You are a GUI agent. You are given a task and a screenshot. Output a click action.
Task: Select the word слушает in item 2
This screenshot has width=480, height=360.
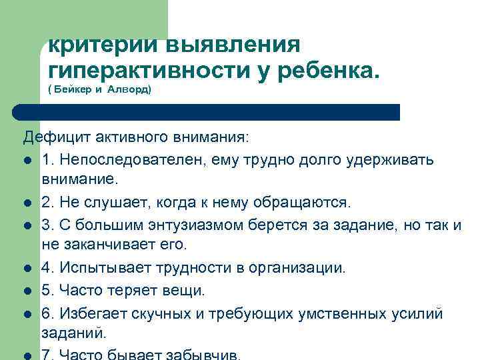pos(104,202)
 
